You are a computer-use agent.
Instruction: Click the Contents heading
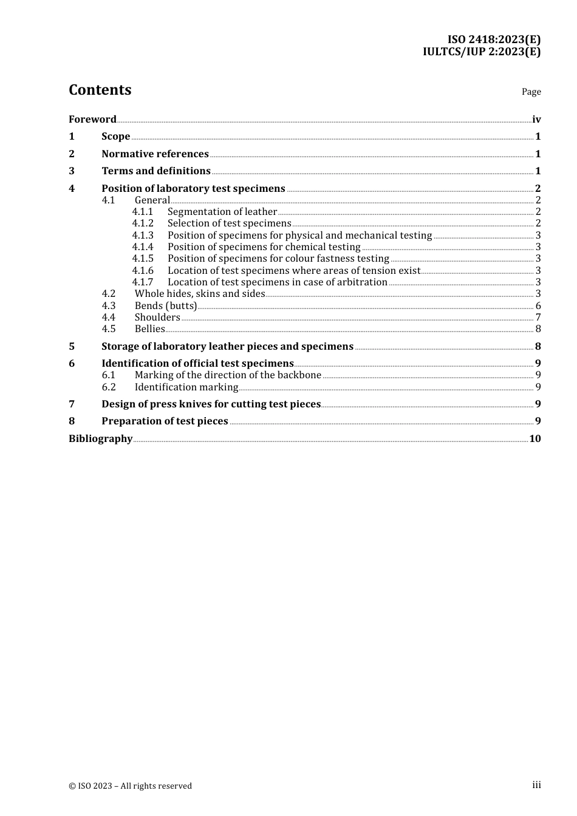[x=100, y=90]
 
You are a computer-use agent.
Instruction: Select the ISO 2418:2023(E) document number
[x=494, y=40]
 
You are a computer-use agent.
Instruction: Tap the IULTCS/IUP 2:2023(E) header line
[x=481, y=52]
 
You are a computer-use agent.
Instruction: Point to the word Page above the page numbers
[x=531, y=92]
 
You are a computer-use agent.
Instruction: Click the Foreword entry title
[x=92, y=119]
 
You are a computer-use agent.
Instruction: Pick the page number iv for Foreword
[x=536, y=119]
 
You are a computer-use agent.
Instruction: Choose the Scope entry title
[x=115, y=136]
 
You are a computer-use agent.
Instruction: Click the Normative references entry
[x=155, y=154]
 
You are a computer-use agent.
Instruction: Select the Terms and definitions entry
[x=156, y=171]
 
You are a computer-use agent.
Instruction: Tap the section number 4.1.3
[x=143, y=235]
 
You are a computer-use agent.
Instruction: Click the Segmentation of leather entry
[x=222, y=211]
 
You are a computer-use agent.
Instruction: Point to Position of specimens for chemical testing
[x=264, y=246]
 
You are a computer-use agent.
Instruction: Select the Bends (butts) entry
[x=165, y=305]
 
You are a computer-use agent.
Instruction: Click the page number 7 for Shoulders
[x=538, y=317]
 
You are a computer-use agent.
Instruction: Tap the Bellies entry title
[x=149, y=328]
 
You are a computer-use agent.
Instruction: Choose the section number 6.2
[x=109, y=387]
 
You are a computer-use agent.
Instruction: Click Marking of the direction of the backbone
[x=228, y=375]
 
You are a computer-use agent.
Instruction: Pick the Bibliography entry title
[x=100, y=438]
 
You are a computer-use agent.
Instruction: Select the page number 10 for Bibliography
[x=535, y=438]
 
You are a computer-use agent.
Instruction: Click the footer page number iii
[x=536, y=785]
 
